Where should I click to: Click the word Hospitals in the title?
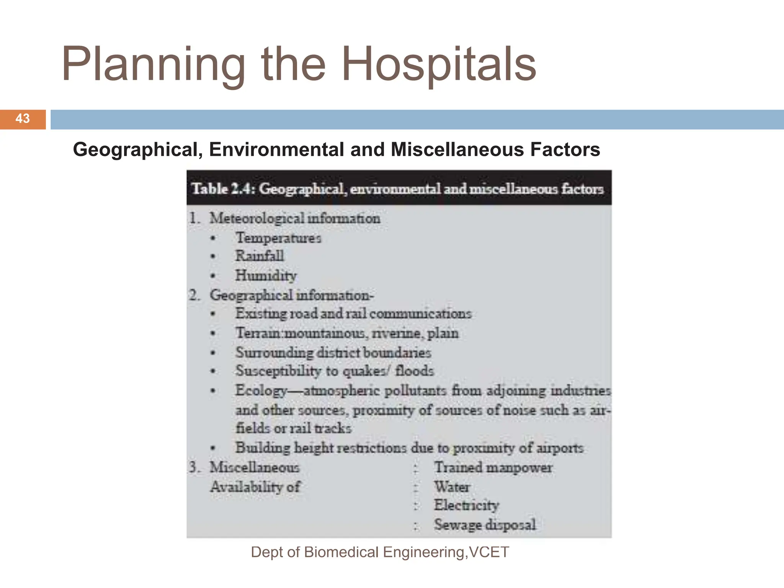pos(438,64)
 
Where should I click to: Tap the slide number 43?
pos(23,119)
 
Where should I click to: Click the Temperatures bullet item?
pos(278,238)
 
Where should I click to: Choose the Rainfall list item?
pos(260,256)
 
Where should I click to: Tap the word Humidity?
pos(266,275)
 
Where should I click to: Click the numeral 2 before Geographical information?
pos(193,295)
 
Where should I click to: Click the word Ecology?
pos(261,390)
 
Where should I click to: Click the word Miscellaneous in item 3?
pos(255,467)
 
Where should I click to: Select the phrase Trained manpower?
pos(493,467)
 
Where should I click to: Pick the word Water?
pos(452,487)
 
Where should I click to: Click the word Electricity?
pos(466,505)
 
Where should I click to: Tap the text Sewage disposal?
pos(485,525)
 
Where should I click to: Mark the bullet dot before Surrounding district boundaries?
pos(213,353)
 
